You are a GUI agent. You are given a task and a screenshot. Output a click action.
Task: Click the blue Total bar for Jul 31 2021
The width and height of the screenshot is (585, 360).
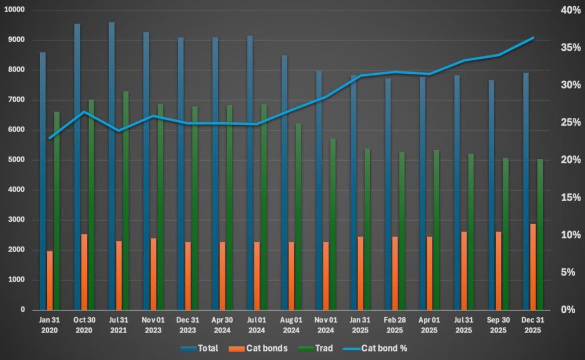(112, 166)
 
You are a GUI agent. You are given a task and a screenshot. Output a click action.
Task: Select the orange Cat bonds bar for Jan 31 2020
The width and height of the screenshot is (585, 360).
(50, 280)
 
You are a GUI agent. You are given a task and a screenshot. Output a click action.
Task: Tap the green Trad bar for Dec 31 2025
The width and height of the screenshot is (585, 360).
(540, 234)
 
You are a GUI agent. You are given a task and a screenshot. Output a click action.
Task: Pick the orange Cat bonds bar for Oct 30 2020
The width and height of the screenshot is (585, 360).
(84, 271)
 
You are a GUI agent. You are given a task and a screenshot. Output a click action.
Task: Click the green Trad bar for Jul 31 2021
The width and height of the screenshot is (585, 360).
(126, 200)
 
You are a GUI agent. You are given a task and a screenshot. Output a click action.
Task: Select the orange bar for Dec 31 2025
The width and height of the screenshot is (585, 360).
(532, 266)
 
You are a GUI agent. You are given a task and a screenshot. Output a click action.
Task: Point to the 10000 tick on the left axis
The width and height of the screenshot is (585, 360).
(14, 10)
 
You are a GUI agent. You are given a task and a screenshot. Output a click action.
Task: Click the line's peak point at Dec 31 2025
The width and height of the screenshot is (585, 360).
(532, 38)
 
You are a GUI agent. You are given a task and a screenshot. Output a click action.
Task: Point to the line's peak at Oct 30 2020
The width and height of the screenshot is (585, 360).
(84, 112)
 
